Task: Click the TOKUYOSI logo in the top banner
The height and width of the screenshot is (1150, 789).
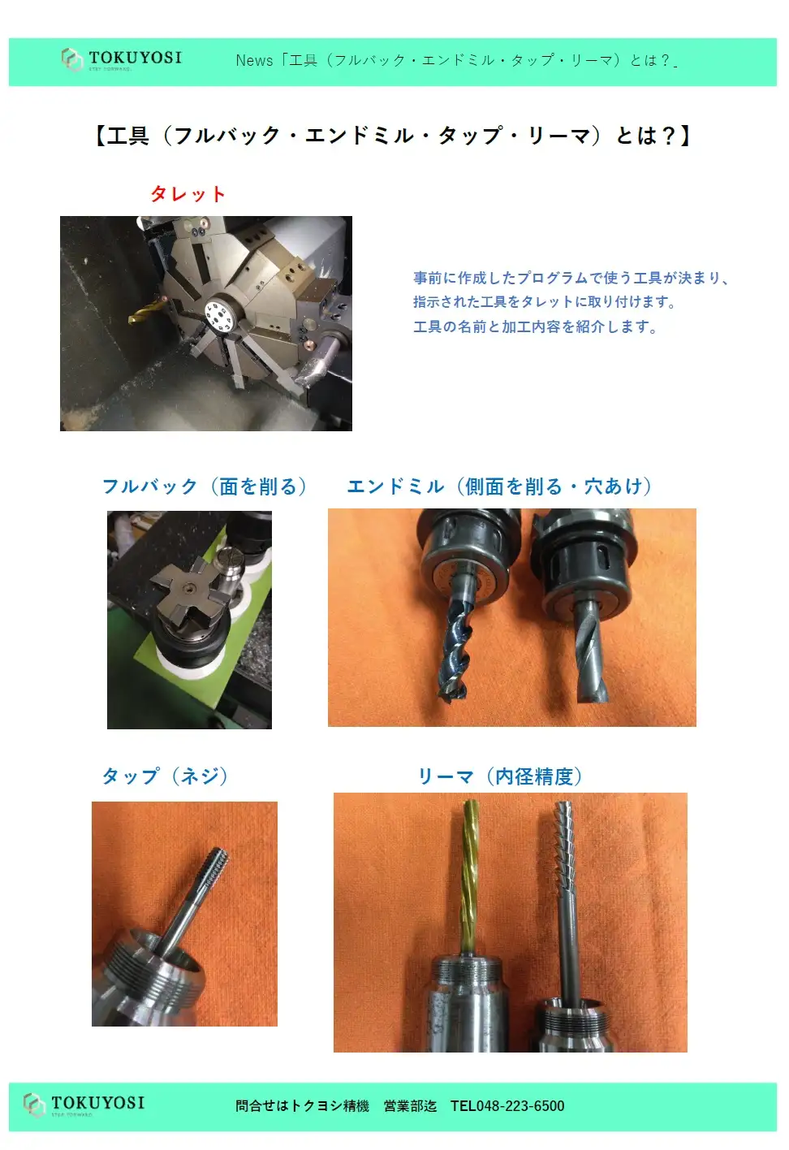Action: pyautogui.click(x=122, y=59)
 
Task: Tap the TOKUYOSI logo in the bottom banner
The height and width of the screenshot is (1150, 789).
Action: pyautogui.click(x=84, y=1105)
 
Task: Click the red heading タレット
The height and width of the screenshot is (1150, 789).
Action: pyautogui.click(x=188, y=194)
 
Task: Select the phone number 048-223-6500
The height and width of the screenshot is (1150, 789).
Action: pyautogui.click(x=520, y=1106)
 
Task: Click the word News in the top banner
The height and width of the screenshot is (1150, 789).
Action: pyautogui.click(x=254, y=61)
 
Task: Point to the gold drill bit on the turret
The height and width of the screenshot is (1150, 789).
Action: pyautogui.click(x=147, y=312)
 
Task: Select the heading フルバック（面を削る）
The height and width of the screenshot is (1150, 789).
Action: pyautogui.click(x=205, y=486)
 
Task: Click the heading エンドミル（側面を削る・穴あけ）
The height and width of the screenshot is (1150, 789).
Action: pyautogui.click(x=499, y=486)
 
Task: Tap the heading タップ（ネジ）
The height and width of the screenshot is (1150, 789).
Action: pyautogui.click(x=165, y=776)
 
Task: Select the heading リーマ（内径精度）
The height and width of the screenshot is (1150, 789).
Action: pyautogui.click(x=500, y=776)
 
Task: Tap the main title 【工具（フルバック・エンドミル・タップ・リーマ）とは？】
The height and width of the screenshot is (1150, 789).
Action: pyautogui.click(x=393, y=136)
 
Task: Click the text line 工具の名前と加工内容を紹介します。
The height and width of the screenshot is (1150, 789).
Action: pyautogui.click(x=536, y=326)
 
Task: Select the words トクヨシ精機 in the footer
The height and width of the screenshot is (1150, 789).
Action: pyautogui.click(x=330, y=1106)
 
